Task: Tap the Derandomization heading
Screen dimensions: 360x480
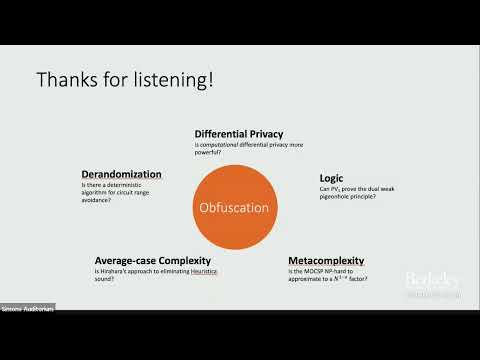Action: [120, 173]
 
